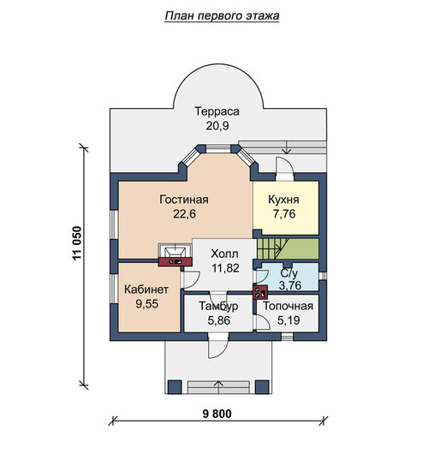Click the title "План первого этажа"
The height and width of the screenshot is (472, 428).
[x=222, y=16]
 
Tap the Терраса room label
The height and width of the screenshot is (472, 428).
[x=217, y=111]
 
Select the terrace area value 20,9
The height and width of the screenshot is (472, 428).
[x=217, y=126]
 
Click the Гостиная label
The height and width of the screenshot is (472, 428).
[x=184, y=200]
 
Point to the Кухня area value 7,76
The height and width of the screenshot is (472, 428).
[x=284, y=213]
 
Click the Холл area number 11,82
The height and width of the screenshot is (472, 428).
[x=225, y=268]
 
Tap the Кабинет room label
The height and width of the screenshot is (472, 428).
[x=146, y=290]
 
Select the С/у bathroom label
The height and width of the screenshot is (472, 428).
[x=289, y=273]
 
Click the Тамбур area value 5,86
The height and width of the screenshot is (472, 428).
[x=218, y=320]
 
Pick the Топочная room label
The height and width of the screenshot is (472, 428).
[x=288, y=306]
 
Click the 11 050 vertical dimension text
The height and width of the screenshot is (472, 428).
[x=77, y=243]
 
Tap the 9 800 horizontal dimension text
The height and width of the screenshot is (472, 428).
[x=217, y=414]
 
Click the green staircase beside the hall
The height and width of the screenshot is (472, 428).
[x=288, y=248]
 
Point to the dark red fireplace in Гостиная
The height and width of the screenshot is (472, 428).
[x=175, y=261]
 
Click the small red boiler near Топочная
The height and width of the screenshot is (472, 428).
[x=260, y=292]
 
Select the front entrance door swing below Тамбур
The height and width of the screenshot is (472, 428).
[x=218, y=346]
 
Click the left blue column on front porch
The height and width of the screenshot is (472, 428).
[x=175, y=387]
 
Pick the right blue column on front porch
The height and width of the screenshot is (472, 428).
[x=262, y=387]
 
